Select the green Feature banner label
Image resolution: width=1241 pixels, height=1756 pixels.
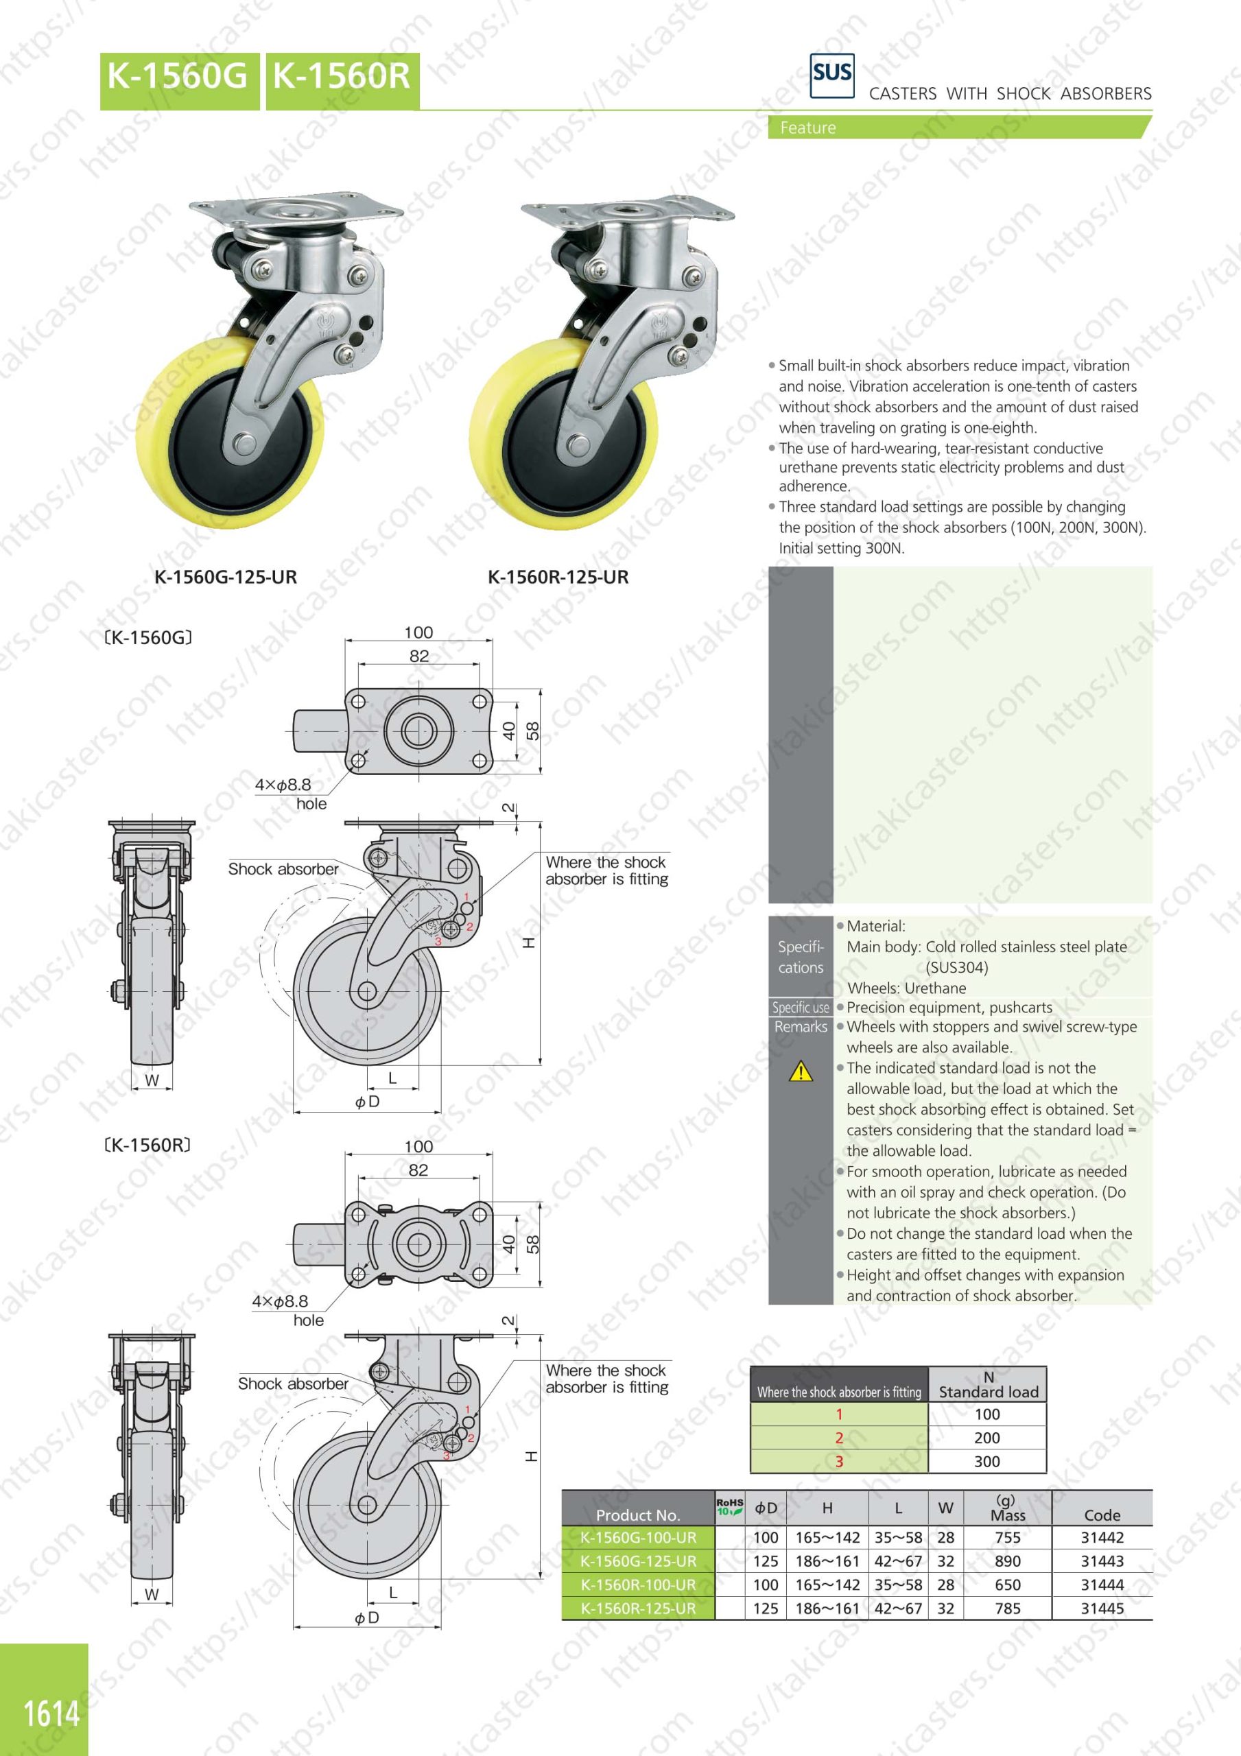click(807, 128)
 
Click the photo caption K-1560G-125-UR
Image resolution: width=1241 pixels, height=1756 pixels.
click(226, 578)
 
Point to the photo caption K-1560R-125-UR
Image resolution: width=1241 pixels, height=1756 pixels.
click(558, 578)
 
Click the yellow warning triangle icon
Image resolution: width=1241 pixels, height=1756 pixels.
click(801, 1071)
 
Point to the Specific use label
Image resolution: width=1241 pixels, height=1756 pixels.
click(801, 1007)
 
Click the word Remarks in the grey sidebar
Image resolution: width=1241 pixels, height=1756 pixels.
click(801, 1027)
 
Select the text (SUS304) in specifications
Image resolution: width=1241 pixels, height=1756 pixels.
click(957, 967)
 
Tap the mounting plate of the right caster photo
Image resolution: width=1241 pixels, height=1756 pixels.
click(628, 206)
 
